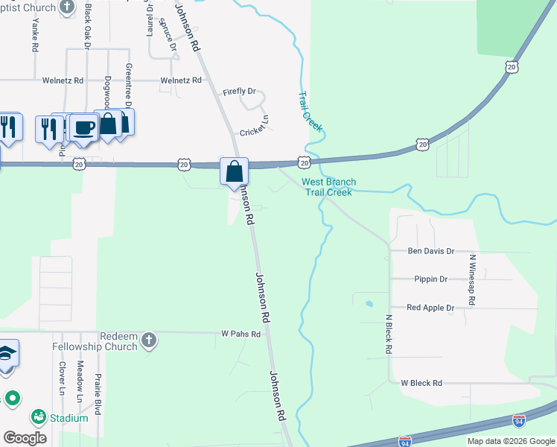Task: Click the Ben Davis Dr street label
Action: click(431, 252)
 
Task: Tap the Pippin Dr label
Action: click(431, 279)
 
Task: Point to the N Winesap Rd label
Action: click(472, 279)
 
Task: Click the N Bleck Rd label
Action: click(389, 333)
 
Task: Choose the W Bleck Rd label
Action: click(421, 383)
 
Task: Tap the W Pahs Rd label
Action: click(241, 335)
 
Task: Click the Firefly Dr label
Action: click(239, 92)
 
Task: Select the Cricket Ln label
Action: click(254, 127)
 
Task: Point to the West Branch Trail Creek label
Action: click(328, 187)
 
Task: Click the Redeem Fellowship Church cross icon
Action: click(149, 340)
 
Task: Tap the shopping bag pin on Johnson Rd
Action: click(234, 171)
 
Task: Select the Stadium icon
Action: click(37, 418)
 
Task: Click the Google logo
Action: click(25, 438)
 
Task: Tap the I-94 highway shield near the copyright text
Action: click(520, 422)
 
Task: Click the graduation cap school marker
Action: click(6, 353)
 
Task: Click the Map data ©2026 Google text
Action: click(511, 441)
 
